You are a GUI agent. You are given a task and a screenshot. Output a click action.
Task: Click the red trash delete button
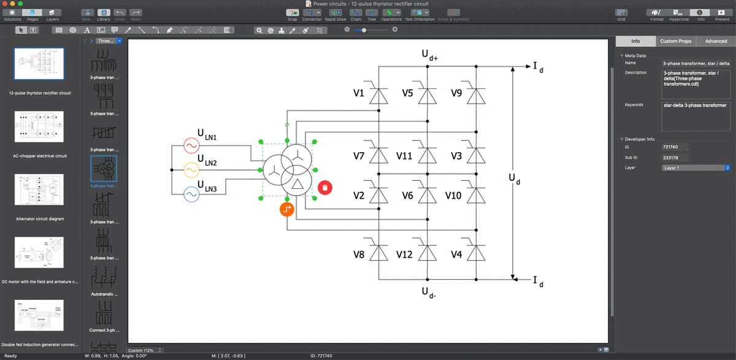(325, 187)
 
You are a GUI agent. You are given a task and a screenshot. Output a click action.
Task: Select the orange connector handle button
(287, 209)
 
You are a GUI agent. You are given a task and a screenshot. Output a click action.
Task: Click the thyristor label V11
(404, 156)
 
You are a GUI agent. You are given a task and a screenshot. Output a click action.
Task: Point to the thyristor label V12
(404, 254)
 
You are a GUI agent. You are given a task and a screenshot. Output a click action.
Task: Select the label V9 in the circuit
(456, 93)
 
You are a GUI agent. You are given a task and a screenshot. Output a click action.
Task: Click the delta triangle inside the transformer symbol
(298, 185)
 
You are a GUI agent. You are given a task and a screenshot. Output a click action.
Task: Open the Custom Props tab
(675, 41)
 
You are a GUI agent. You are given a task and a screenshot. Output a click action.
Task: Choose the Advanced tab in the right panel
(716, 41)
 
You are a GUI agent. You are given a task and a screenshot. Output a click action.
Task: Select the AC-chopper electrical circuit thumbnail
(39, 127)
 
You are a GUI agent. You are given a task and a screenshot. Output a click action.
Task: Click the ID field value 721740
(675, 147)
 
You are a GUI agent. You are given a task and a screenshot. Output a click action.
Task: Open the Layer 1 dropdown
(696, 167)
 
